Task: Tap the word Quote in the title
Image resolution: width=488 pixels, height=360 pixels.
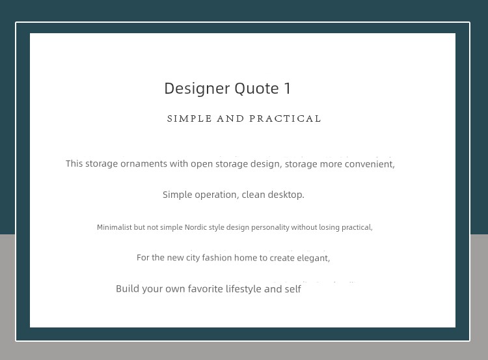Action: [257, 89]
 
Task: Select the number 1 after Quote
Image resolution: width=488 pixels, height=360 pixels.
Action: [287, 89]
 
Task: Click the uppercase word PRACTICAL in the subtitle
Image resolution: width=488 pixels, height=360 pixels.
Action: [285, 118]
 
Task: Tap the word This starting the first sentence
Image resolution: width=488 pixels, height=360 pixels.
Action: [74, 163]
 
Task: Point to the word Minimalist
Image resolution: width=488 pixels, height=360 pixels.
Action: [115, 227]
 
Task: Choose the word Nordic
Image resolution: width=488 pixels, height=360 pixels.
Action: [196, 227]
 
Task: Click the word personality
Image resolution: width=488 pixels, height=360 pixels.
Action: [270, 227]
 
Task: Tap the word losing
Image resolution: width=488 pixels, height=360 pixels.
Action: [329, 227]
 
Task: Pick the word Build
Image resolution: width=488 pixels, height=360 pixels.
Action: [128, 288]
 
